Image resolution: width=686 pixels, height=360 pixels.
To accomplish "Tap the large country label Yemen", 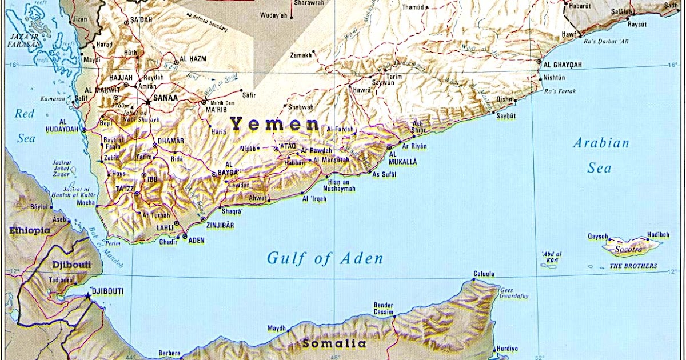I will coord(274,124).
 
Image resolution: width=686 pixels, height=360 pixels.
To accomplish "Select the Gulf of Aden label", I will coord(325,258).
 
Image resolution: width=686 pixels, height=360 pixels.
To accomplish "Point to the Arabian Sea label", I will coord(601,155).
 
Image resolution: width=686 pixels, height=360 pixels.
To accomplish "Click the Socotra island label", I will coord(628,250).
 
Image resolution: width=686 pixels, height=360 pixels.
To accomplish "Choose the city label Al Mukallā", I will coord(403,158).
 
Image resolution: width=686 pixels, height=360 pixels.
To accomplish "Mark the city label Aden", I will coord(196,241).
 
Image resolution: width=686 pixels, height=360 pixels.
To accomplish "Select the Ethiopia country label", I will coord(30,231).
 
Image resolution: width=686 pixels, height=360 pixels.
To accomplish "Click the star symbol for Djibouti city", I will coord(87,296).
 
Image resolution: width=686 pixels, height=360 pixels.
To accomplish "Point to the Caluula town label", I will coord(484,274).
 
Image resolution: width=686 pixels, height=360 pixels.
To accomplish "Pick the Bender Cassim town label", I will coord(384,309).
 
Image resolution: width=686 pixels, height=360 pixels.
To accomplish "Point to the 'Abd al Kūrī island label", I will coord(552,257).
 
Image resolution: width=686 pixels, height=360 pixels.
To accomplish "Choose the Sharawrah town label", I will coord(309,3).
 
